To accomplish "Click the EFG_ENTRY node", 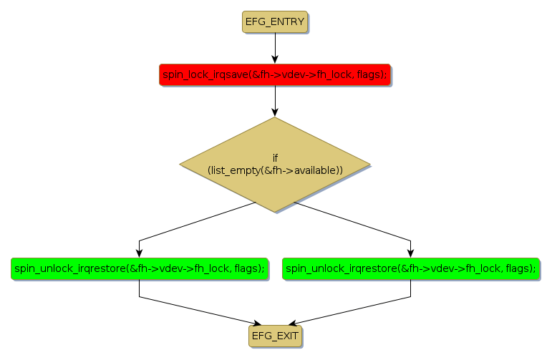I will click(275, 22).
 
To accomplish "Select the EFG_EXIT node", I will click(275, 335).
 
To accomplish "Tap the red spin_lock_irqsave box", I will click(275, 74).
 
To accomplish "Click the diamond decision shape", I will click(275, 165).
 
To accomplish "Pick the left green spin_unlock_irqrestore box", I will click(139, 268).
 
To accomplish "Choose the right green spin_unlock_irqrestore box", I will click(411, 268).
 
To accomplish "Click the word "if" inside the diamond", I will click(275, 157).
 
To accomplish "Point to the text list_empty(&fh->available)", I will click(275, 170).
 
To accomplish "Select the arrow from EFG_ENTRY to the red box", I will click(275, 47).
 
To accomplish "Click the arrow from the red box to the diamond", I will click(275, 100).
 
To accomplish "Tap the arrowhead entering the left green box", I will click(139, 252).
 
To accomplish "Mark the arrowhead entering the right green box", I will click(411, 252).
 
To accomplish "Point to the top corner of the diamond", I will click(275, 118).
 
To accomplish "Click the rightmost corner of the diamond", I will click(369, 165).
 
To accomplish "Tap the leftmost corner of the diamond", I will click(180, 165).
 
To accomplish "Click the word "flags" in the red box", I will click(369, 74).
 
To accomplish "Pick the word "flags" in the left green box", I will click(248, 268).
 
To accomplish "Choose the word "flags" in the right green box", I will click(518, 268).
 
